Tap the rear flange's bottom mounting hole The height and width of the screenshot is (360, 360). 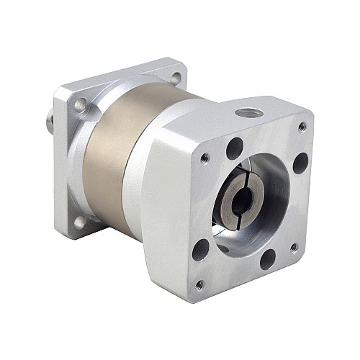click(79, 222)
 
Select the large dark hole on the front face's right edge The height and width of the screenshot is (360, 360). click(300, 163)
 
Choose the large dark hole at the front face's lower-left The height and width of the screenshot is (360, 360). click(201, 250)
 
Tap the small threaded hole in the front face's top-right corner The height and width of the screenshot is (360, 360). click(302, 127)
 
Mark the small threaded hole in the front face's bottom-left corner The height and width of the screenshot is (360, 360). click(199, 286)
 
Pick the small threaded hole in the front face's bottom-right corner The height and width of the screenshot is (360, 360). click(294, 248)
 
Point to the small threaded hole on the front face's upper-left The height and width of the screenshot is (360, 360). click(205, 157)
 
